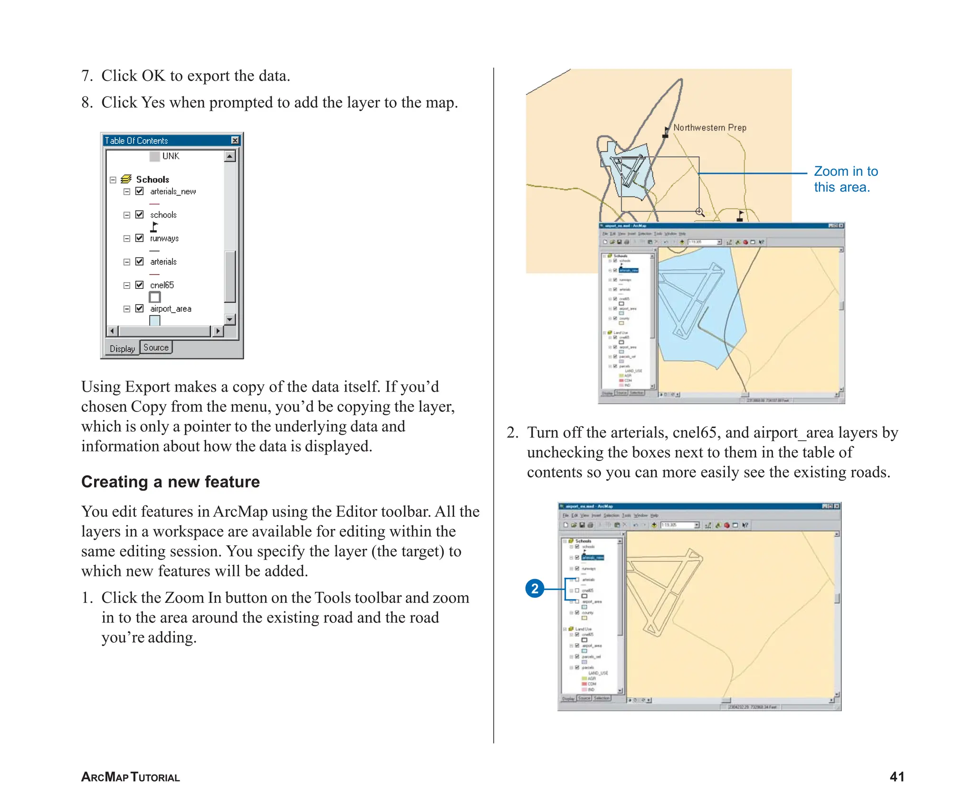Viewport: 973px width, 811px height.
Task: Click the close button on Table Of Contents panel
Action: pyautogui.click(x=235, y=140)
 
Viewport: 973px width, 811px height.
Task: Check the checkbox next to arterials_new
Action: pyautogui.click(x=139, y=191)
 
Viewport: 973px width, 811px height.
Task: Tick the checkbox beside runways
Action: pyautogui.click(x=139, y=238)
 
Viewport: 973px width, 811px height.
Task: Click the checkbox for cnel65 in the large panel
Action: pyautogui.click(x=139, y=285)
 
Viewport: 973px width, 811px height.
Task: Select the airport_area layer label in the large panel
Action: pyautogui.click(x=171, y=309)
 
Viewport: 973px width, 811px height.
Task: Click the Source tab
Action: pyautogui.click(x=156, y=347)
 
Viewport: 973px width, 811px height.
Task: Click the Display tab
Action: pyautogui.click(x=122, y=348)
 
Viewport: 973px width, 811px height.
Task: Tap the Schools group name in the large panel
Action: pyautogui.click(x=153, y=179)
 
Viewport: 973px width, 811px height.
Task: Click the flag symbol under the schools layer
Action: pyautogui.click(x=154, y=227)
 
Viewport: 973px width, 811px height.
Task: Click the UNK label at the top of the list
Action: pyautogui.click(x=171, y=156)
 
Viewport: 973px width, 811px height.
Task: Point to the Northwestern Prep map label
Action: pyautogui.click(x=709, y=127)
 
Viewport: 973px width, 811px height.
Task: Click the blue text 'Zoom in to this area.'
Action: pyautogui.click(x=845, y=179)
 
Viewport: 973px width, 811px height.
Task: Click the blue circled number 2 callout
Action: pyautogui.click(x=534, y=589)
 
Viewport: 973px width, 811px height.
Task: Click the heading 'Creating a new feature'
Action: pyautogui.click(x=170, y=481)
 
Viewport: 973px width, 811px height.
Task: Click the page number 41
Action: pyautogui.click(x=897, y=776)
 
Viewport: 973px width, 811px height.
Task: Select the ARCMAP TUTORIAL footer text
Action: pyautogui.click(x=130, y=777)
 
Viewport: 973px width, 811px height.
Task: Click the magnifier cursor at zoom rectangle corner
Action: pyautogui.click(x=699, y=211)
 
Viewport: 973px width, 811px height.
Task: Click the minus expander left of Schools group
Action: pyautogui.click(x=113, y=180)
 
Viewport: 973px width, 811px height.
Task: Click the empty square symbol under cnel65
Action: pyautogui.click(x=154, y=297)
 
